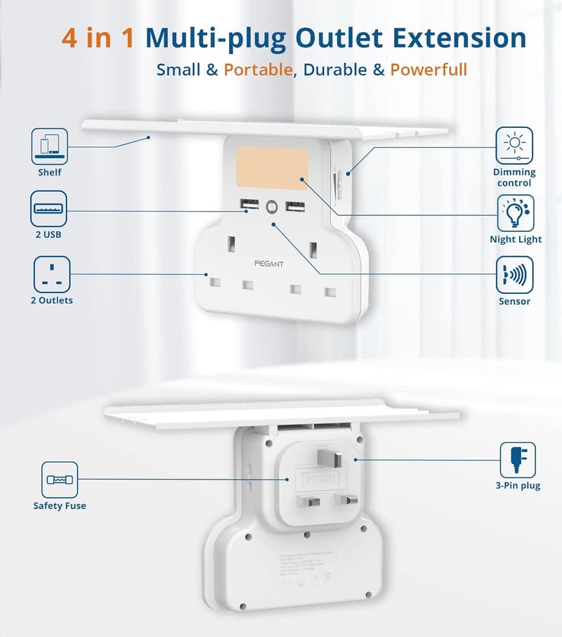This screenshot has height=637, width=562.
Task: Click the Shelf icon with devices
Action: coord(49,146)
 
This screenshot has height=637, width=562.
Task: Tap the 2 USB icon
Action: coord(49,209)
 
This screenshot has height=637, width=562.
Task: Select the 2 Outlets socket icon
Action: coord(52,274)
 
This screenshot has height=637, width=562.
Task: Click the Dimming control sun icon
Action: coord(514,146)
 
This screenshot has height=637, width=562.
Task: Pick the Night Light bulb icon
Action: coord(515,213)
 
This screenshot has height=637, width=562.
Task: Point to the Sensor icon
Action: coord(514,275)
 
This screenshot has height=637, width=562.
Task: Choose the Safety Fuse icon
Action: coord(59,480)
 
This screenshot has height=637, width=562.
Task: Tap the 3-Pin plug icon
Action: coord(518,460)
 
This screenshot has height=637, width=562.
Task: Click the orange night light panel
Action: coord(273,167)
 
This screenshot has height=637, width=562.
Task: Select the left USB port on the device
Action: coord(248,205)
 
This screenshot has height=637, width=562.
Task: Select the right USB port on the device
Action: coord(294,207)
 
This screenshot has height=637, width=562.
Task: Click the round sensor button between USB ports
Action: coord(271,207)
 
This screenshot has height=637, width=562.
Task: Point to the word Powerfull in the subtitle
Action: coord(429,70)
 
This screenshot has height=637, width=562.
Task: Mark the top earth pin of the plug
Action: coord(334,458)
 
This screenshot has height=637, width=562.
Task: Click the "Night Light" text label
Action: coord(516,239)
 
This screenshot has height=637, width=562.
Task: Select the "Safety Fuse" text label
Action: coord(60,506)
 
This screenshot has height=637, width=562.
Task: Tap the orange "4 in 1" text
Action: coord(98,38)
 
